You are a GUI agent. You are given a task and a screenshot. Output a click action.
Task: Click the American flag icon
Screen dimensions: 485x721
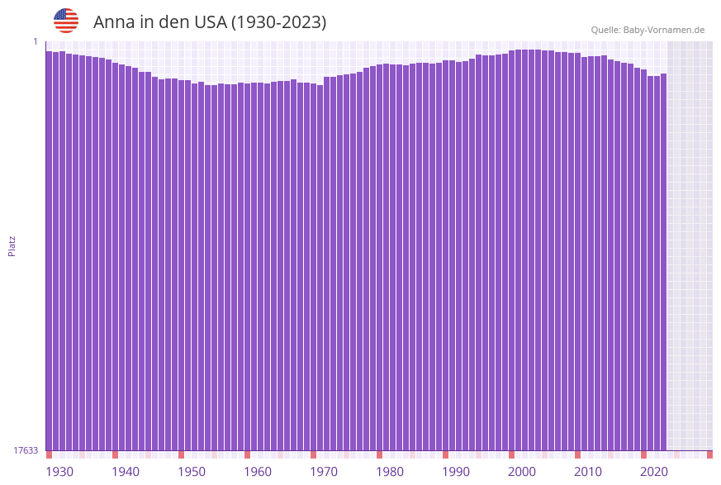point(66,21)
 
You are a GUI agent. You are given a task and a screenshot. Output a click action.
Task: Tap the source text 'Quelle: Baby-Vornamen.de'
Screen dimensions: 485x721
point(647,30)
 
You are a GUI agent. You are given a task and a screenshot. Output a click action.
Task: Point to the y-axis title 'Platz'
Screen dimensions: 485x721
point(12,245)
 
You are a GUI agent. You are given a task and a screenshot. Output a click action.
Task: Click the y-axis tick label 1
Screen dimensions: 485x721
point(36,41)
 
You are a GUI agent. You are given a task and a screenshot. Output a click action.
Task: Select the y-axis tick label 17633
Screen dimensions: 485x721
point(26,450)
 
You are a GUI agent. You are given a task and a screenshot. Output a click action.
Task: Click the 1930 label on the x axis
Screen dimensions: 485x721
point(59,471)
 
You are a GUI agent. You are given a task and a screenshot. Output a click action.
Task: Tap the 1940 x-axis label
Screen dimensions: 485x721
point(126,471)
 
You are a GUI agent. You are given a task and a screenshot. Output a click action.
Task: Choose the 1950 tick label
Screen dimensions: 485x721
point(192,471)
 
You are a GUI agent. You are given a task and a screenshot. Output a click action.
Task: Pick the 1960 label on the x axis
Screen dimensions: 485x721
point(258,471)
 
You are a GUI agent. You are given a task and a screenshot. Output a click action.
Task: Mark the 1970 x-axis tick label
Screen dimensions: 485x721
point(324,471)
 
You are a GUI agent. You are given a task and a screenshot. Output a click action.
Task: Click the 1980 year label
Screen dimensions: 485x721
point(390,471)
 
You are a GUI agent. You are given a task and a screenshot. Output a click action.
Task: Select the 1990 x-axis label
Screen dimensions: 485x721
point(456,471)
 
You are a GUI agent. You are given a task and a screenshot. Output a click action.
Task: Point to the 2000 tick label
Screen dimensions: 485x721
point(522,471)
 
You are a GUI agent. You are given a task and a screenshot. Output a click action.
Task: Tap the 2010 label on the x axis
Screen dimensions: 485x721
point(588,471)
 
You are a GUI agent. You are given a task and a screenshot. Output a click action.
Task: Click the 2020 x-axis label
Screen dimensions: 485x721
point(654,471)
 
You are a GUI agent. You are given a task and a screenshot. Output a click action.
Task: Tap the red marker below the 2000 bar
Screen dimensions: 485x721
point(511,454)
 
